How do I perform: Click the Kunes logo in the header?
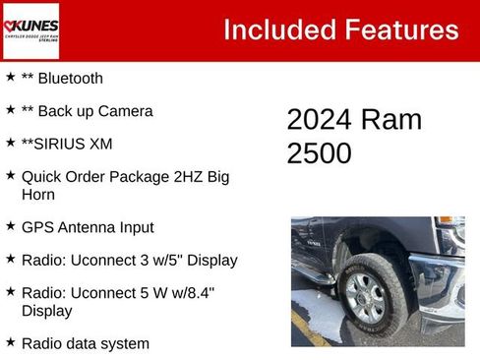pyautogui.click(x=31, y=30)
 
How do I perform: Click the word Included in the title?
pyautogui.click(x=276, y=30)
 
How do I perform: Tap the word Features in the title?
pyautogui.click(x=398, y=30)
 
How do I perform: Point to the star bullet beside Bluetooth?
pyautogui.click(x=11, y=77)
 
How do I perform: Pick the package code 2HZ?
pyautogui.click(x=176, y=177)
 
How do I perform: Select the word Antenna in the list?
pyautogui.click(x=88, y=227)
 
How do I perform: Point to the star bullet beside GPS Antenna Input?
pyautogui.click(x=11, y=226)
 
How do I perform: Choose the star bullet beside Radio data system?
pyautogui.click(x=11, y=342)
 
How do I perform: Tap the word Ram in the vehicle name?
pyautogui.click(x=392, y=120)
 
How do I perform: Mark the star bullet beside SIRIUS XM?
pyautogui.click(x=11, y=143)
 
